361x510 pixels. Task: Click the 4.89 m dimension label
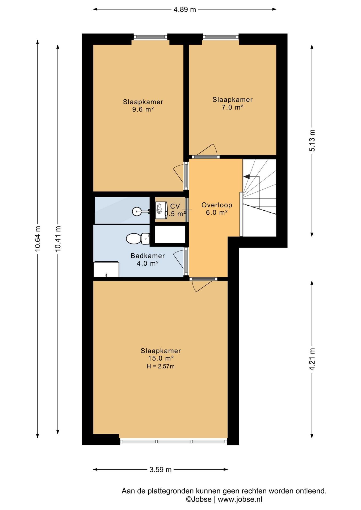pyautogui.click(x=185, y=10)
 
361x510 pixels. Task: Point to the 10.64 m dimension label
pyautogui.click(x=37, y=239)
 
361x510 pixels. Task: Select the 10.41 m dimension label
pyautogui.click(x=58, y=239)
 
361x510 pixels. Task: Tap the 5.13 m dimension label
pyautogui.click(x=312, y=141)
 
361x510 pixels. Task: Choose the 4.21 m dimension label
pyautogui.click(x=312, y=359)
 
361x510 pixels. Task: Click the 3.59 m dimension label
pyautogui.click(x=161, y=470)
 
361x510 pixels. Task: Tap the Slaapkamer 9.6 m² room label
pyautogui.click(x=143, y=105)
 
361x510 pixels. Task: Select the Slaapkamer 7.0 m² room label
pyautogui.click(x=233, y=103)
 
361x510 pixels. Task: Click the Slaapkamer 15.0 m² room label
pyautogui.click(x=161, y=354)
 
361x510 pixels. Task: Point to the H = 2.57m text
pyautogui.click(x=161, y=367)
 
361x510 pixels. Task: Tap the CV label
pyautogui.click(x=175, y=206)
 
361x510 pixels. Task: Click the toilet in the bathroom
pyautogui.click(x=138, y=239)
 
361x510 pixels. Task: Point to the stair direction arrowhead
pyautogui.click(x=246, y=176)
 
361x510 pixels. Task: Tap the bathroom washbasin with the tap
pyautogui.click(x=106, y=269)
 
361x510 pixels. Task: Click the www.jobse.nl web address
pyautogui.click(x=240, y=499)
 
